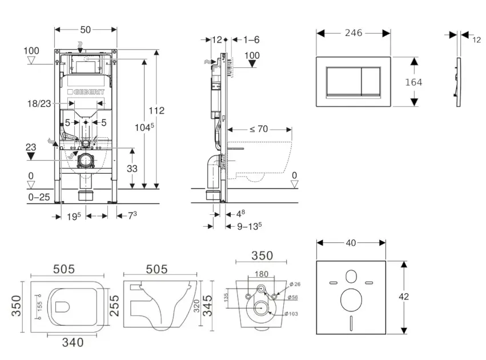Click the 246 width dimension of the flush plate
click(x=354, y=33)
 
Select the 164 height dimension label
click(x=413, y=82)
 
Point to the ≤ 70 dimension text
click(x=258, y=129)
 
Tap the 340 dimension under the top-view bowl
click(x=73, y=342)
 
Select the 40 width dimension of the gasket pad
click(x=351, y=243)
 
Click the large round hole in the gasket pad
click(x=351, y=299)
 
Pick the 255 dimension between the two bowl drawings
click(x=114, y=299)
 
